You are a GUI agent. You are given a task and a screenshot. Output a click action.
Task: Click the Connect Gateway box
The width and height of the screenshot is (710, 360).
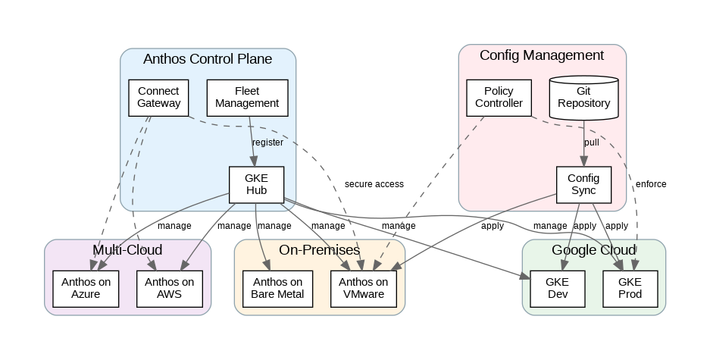(158, 97)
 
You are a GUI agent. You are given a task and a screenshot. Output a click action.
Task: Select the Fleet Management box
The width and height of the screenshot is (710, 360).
(247, 97)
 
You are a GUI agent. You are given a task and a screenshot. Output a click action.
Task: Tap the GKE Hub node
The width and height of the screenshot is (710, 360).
(256, 184)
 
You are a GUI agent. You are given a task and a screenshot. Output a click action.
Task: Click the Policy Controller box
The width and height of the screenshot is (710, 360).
(499, 97)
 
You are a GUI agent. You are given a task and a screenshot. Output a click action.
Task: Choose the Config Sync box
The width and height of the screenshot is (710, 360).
(583, 184)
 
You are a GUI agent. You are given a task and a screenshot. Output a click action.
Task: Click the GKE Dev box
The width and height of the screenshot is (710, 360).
(557, 288)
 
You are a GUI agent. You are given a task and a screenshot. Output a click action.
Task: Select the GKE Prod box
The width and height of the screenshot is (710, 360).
(629, 288)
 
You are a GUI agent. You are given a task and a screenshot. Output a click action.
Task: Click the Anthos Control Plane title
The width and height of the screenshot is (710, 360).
(208, 59)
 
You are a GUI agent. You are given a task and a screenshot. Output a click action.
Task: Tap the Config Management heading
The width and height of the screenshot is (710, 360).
(542, 55)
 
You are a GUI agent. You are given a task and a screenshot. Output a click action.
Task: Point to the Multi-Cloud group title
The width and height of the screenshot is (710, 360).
(127, 250)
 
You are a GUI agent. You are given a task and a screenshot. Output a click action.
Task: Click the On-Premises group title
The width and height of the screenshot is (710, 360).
(319, 250)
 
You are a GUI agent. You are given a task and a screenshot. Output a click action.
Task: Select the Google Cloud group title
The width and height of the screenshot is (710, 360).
(593, 250)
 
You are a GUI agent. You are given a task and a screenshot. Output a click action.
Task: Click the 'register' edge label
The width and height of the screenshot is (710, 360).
(267, 142)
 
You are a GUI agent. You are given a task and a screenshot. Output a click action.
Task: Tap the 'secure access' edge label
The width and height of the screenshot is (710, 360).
(374, 184)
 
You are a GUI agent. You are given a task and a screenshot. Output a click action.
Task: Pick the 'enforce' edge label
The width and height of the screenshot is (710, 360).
(651, 184)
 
